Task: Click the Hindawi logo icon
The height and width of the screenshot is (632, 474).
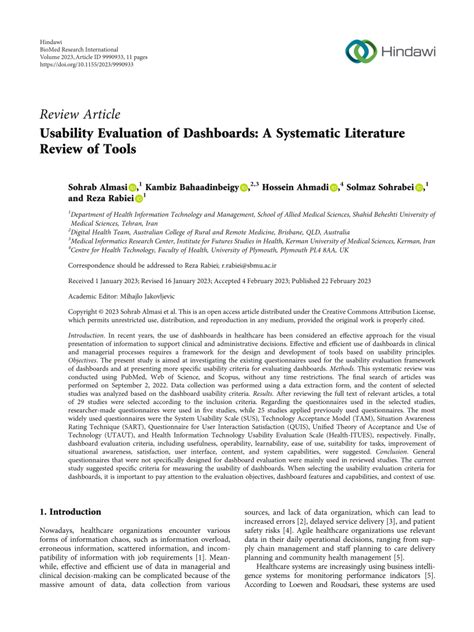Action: (361, 52)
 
